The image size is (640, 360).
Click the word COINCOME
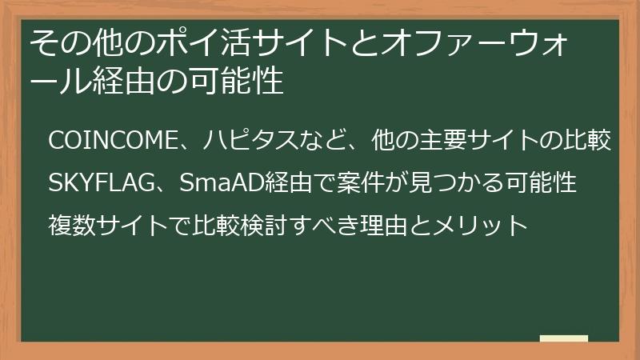[111, 141]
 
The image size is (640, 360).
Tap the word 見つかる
[445, 183]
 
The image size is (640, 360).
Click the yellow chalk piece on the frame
[563, 339]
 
